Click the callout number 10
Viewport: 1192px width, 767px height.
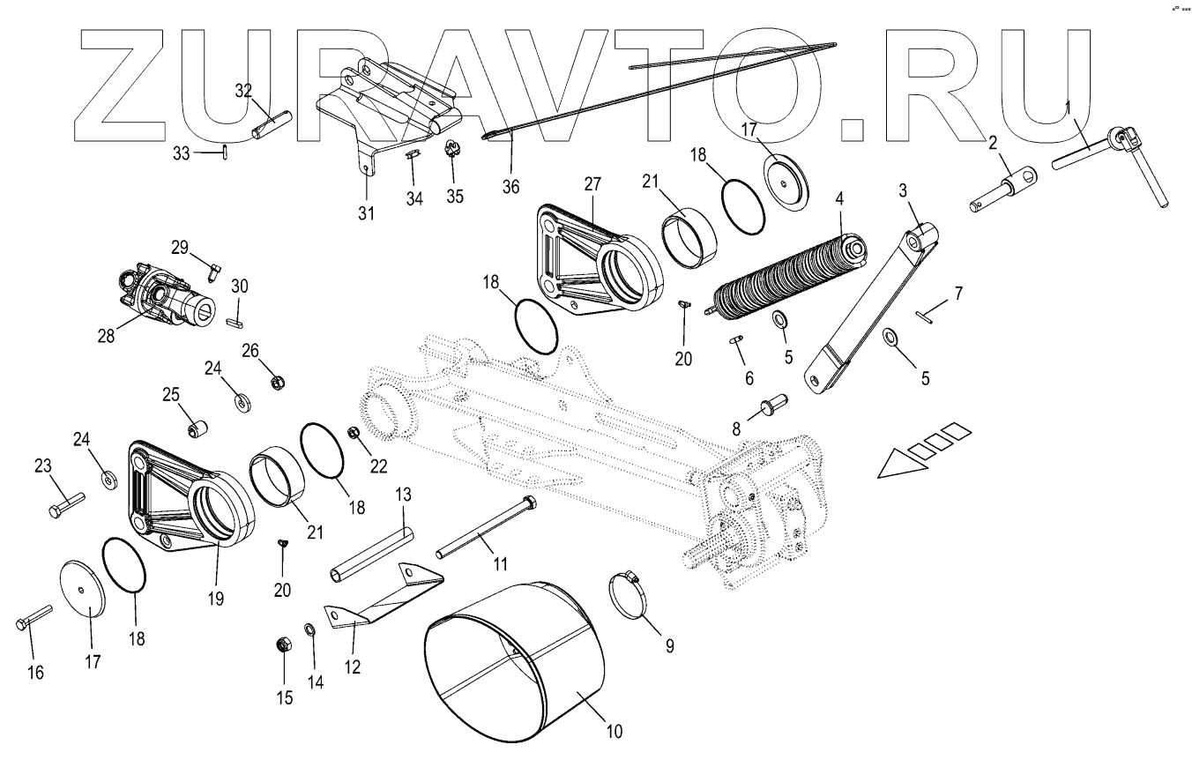pyautogui.click(x=615, y=731)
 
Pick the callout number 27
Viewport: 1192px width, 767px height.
pyautogui.click(x=592, y=183)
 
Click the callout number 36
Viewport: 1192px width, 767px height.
pyautogui.click(x=510, y=186)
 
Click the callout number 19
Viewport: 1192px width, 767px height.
pyautogui.click(x=216, y=599)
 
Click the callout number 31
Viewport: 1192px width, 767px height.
pyautogui.click(x=366, y=212)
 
